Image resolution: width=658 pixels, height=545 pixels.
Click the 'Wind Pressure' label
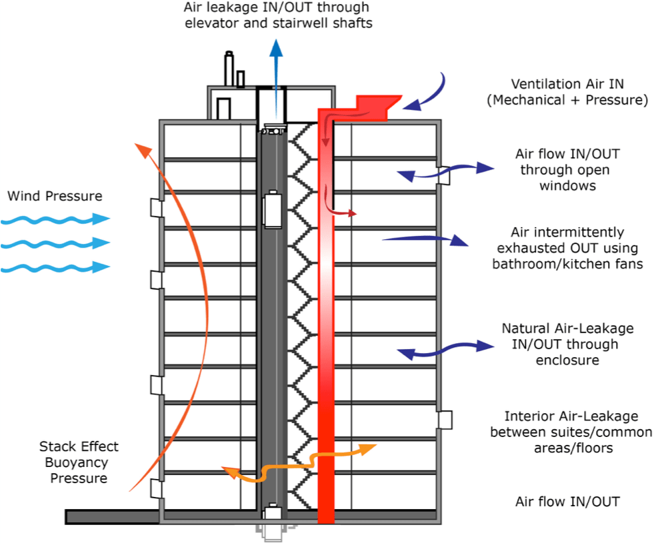click(55, 196)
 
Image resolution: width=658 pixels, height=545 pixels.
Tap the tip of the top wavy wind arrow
click(110, 218)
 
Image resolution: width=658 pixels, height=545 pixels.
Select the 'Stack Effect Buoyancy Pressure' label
click(79, 462)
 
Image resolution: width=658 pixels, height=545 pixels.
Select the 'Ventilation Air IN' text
click(567, 84)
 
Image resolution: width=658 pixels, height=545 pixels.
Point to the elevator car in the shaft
click(272, 209)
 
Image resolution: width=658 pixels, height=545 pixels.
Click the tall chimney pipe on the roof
click(229, 69)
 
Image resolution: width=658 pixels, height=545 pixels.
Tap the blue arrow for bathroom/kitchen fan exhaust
click(425, 240)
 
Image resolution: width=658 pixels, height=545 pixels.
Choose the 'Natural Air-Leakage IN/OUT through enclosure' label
click(567, 344)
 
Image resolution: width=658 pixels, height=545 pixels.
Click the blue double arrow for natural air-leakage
click(445, 350)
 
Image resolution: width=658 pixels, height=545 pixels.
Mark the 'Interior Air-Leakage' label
click(571, 416)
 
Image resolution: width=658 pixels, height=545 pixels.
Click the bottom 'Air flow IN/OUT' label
click(567, 502)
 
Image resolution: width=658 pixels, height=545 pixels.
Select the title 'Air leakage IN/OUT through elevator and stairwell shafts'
click(278, 15)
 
